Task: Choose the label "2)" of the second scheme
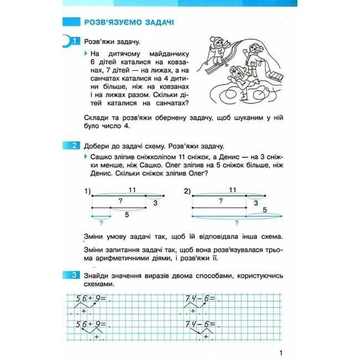[x=187, y=192]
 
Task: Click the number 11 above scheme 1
[x=131, y=190]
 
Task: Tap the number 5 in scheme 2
[x=265, y=210]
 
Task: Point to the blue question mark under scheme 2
[x=236, y=223]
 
